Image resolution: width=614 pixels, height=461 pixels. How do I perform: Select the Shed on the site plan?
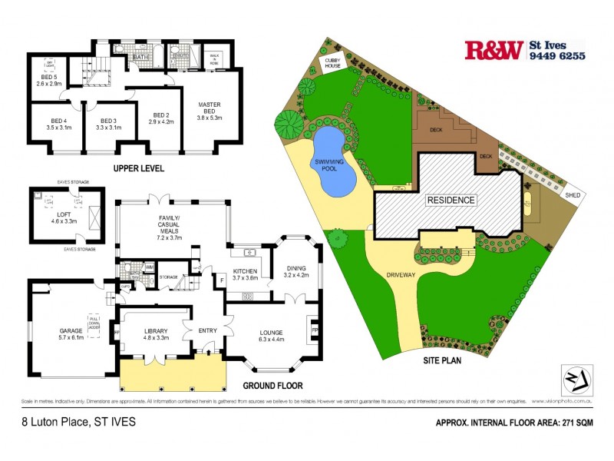[x=573, y=195]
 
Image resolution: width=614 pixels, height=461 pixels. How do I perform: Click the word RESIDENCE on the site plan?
[x=451, y=201]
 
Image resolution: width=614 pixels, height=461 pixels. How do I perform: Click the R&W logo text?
[x=494, y=51]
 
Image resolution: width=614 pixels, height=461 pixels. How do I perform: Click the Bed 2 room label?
[x=160, y=117]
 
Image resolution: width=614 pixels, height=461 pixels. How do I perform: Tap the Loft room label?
[x=64, y=220]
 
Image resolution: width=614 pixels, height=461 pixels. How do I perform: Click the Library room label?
[x=156, y=334]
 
